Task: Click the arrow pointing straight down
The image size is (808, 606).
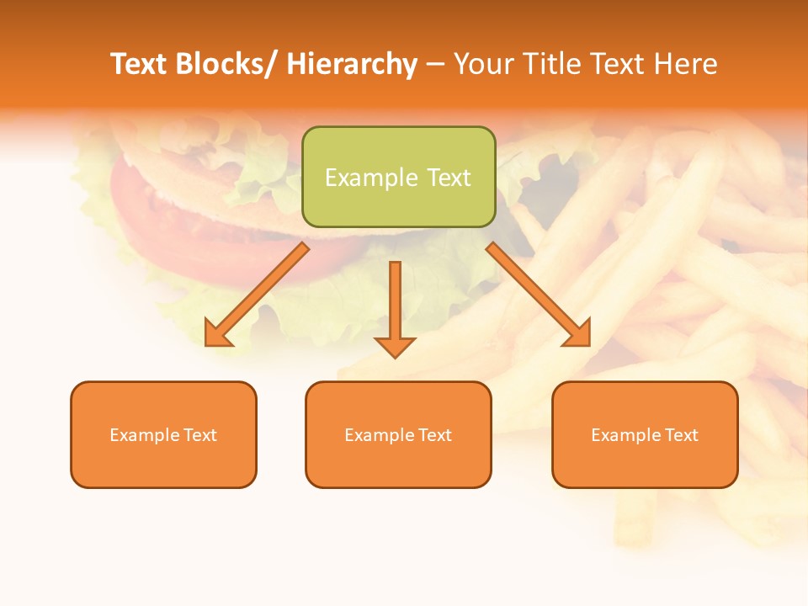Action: coord(395,308)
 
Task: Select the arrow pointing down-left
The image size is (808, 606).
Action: coord(257,295)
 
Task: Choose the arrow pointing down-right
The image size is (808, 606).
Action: coord(540,295)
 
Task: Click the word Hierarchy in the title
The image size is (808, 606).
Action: coord(352,65)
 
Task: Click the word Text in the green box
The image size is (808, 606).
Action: coord(449,178)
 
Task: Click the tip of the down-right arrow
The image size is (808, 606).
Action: coord(588,343)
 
